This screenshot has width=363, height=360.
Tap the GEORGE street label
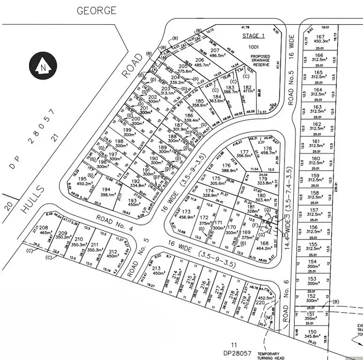tap(96, 10)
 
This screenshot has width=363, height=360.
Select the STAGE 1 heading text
tap(253, 36)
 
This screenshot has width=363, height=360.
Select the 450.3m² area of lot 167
tap(319, 42)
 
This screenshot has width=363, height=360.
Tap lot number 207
tap(215, 50)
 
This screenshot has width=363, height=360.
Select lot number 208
tap(44, 227)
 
